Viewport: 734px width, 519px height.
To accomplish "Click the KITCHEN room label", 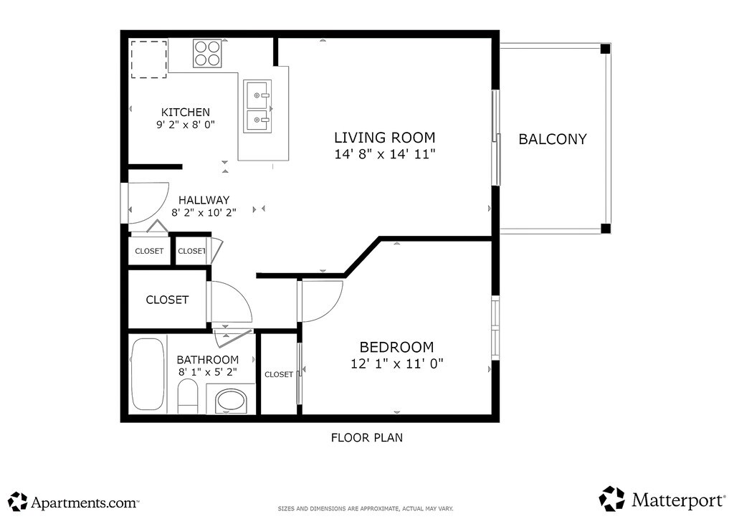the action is tap(186, 113).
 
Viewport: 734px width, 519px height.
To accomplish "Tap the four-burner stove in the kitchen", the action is tap(207, 53).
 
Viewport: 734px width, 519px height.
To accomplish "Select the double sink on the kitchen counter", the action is tap(257, 107).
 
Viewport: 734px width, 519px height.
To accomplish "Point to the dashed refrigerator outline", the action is tap(149, 59).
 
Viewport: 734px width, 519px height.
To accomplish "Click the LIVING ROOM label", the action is tap(385, 138).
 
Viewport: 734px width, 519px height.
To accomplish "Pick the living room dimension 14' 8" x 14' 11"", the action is tap(385, 154).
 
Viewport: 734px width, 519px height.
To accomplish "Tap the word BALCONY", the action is tap(553, 140).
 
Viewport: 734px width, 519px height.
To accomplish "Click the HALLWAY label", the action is tap(204, 200).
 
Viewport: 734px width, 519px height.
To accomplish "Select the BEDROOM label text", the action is tap(396, 347).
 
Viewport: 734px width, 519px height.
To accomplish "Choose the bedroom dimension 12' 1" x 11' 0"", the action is tap(397, 363).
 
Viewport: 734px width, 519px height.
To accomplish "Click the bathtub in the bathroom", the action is tap(148, 374).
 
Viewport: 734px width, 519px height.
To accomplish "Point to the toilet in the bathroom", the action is tap(189, 396).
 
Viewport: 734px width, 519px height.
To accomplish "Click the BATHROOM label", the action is tap(208, 360).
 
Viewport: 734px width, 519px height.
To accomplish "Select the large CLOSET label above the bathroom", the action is tap(167, 300).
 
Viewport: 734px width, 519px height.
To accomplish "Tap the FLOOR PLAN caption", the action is tap(367, 437).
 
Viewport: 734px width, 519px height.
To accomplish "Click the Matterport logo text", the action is tap(678, 501).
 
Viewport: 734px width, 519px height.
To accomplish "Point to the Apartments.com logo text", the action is tap(85, 503).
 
